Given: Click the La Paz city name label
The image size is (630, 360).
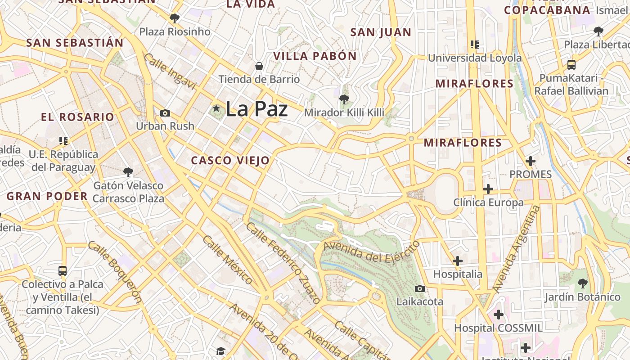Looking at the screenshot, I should (x=256, y=109).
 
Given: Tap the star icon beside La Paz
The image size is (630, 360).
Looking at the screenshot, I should (x=216, y=108).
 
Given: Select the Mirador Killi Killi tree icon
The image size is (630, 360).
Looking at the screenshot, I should (x=344, y=99).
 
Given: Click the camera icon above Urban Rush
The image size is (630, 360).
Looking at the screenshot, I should (x=165, y=113).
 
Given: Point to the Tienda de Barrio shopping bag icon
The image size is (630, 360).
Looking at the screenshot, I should (x=259, y=66).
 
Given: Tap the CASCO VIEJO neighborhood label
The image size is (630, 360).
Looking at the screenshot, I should (x=230, y=161).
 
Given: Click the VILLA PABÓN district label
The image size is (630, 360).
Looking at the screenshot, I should (x=315, y=56).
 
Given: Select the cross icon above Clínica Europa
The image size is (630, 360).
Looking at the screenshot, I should (x=488, y=189).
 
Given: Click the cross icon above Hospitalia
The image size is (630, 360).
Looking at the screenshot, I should (x=458, y=261).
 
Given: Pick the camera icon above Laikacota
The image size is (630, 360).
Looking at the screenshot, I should (x=420, y=288).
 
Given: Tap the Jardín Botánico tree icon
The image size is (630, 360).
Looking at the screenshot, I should (x=583, y=283).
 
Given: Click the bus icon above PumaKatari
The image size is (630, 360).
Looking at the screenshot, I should (x=571, y=64).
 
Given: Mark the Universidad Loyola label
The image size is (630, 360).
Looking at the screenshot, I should (x=475, y=58).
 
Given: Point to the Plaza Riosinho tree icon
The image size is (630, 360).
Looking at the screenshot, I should (x=175, y=18).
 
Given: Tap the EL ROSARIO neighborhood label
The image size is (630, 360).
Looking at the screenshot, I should (x=77, y=117).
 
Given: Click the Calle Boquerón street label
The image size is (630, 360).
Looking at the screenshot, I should (x=115, y=272).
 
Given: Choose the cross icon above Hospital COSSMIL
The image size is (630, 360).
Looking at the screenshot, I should (x=498, y=315).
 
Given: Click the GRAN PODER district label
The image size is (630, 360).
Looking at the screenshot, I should (x=47, y=196).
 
